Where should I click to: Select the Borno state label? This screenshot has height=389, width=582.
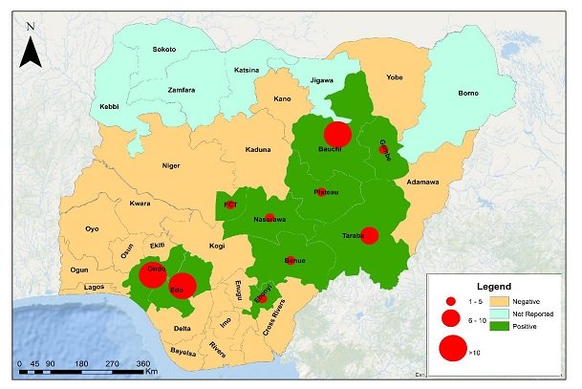click(x=467, y=93)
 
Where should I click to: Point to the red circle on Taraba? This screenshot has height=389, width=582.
click(x=370, y=235)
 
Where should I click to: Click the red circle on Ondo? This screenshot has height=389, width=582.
click(x=152, y=275)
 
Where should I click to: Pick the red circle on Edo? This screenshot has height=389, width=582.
click(x=182, y=286)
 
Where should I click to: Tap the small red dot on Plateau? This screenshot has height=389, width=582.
click(x=321, y=192)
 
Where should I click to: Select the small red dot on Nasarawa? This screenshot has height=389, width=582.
click(x=269, y=217)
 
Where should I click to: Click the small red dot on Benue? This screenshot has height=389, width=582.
click(x=290, y=259)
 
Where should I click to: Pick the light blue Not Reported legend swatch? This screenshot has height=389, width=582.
click(x=496, y=313)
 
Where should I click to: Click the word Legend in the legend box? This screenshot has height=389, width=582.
click(x=496, y=286)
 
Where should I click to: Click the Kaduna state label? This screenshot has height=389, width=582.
click(x=232, y=150)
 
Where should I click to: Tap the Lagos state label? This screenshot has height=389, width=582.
click(x=95, y=287)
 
